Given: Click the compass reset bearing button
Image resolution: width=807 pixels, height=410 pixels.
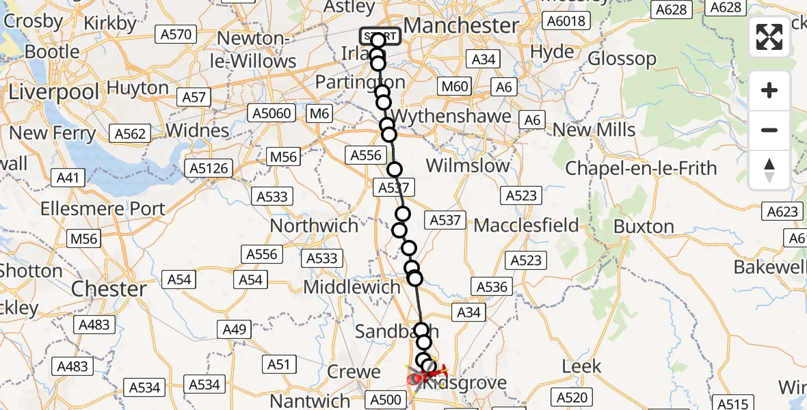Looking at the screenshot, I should pyautogui.click(x=769, y=170).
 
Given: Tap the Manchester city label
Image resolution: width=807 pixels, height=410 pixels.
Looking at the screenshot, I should pyautogui.click(x=461, y=25).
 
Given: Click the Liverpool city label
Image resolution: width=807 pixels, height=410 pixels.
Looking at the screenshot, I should pyautogui.click(x=54, y=91).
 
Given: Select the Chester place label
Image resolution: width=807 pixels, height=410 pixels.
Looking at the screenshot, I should pyautogui.click(x=109, y=288).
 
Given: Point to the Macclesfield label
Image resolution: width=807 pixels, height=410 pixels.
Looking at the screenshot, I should pyautogui.click(x=526, y=225).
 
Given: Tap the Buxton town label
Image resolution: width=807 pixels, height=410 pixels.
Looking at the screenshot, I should pyautogui.click(x=644, y=226).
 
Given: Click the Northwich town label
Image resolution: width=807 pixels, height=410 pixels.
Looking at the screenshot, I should pyautogui.click(x=314, y=225).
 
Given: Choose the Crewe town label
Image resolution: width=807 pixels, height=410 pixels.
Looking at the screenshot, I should pyautogui.click(x=354, y=372).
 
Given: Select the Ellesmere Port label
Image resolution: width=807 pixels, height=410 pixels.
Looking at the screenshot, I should pyautogui.click(x=103, y=208).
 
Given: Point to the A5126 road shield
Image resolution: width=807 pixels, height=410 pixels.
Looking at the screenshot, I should pyautogui.click(x=209, y=168).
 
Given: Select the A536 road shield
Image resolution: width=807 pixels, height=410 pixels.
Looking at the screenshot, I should pyautogui.click(x=492, y=287).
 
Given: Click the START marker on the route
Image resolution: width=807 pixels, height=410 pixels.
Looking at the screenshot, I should pyautogui.click(x=380, y=36).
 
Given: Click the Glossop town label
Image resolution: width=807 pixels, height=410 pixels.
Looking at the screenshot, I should pyautogui.click(x=622, y=59).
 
